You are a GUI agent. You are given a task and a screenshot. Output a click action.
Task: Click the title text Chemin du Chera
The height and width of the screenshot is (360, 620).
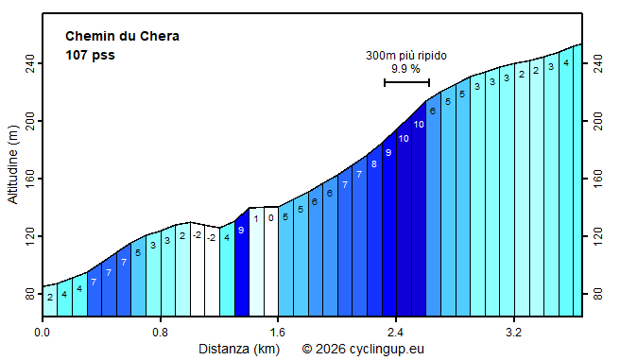click(122, 37)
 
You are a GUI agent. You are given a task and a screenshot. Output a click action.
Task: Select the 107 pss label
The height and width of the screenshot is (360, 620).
click(91, 56)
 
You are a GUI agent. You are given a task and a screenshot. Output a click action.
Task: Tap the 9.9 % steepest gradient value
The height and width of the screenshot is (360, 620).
click(405, 69)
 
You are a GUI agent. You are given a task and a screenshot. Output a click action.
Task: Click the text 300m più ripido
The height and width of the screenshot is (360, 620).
click(406, 56)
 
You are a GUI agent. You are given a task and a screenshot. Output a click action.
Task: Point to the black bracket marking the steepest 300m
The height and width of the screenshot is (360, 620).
click(406, 82)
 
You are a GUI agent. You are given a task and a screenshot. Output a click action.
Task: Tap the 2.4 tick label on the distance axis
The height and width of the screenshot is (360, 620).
click(395, 333)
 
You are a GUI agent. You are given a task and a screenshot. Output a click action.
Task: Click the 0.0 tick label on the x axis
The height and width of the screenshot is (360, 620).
click(43, 333)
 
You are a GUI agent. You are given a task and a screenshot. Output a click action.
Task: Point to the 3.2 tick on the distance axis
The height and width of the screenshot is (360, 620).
click(513, 333)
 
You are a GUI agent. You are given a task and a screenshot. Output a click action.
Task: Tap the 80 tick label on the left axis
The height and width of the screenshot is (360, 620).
click(28, 295)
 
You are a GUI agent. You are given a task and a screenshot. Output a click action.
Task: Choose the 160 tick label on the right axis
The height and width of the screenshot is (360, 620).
click(597, 179)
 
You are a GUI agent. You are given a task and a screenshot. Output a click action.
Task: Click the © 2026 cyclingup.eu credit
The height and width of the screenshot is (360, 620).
click(363, 349)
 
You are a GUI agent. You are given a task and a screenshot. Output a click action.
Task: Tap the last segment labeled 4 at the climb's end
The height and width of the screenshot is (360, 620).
click(566, 180)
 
